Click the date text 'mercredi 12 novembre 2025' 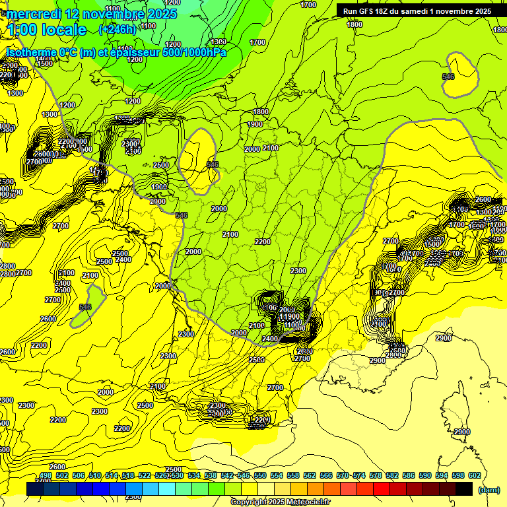pyautogui.click(x=92, y=14)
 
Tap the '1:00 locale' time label pyautogui.click(x=46, y=30)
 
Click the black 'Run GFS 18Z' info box pyautogui.click(x=417, y=11)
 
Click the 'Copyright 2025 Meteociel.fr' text pyautogui.click(x=280, y=502)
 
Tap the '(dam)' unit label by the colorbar pyautogui.click(x=488, y=489)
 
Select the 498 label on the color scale pyautogui.click(x=46, y=475)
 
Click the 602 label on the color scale pyautogui.click(x=475, y=475)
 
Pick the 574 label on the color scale pyautogui.click(x=359, y=475)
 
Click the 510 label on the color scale pyautogui.click(x=95, y=475)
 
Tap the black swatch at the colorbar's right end pyautogui.click(x=464, y=489)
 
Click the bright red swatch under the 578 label pyautogui.click(x=382, y=489)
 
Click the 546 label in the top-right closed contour pyautogui.click(x=449, y=77)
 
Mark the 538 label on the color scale pyautogui.click(x=211, y=475)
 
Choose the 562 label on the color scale pyautogui.click(x=310, y=475)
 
